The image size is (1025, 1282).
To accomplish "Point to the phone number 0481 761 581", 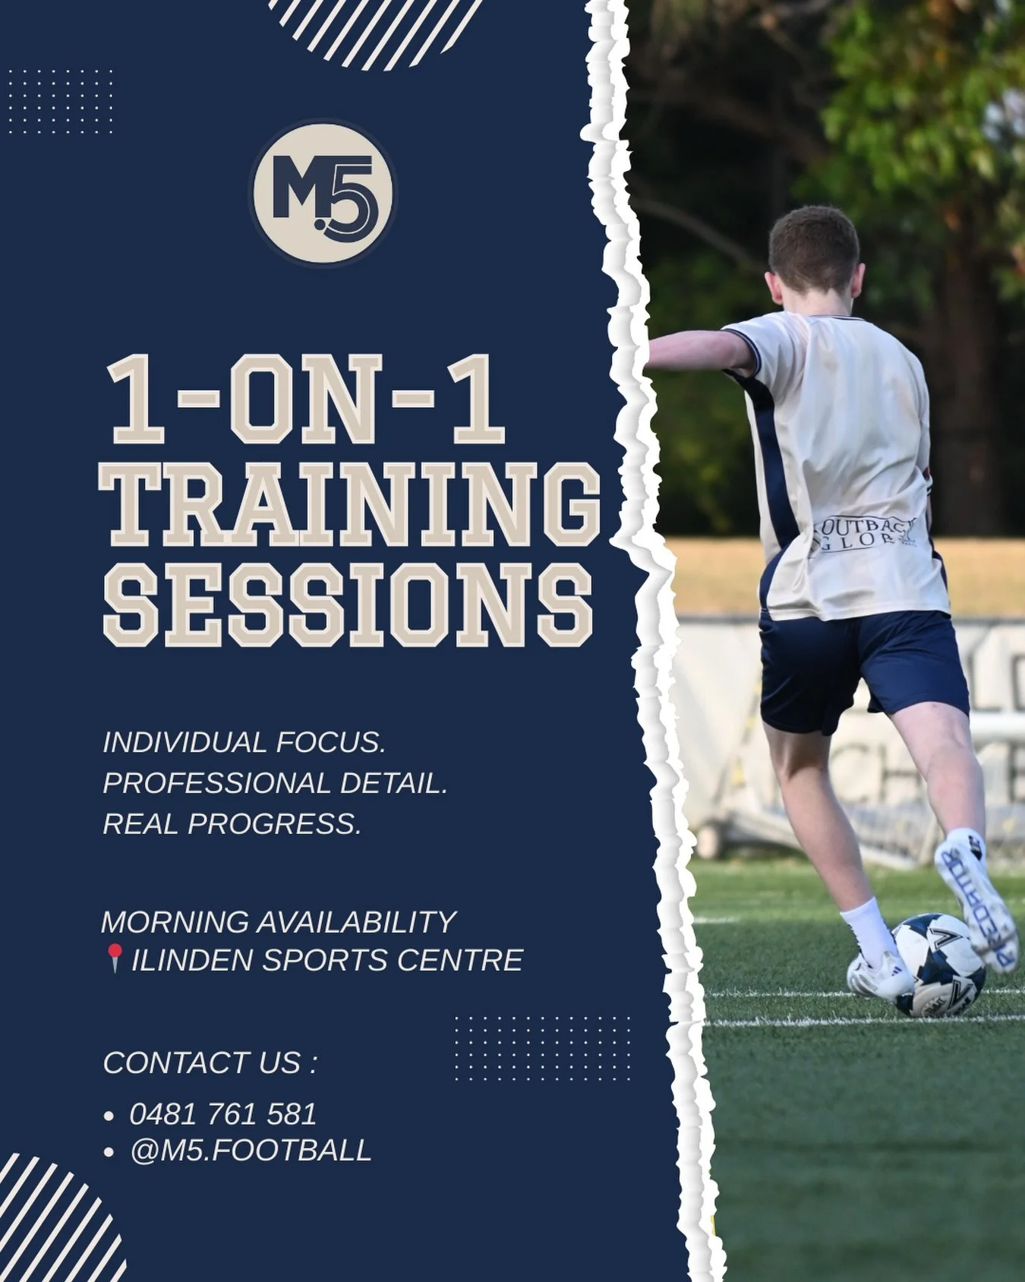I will pyautogui.click(x=222, y=1113).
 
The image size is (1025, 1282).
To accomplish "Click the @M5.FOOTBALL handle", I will pyautogui.click(x=251, y=1150).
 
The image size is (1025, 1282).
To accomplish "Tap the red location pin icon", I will pyautogui.click(x=115, y=958).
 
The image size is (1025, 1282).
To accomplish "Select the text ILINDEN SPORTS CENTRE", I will pyautogui.click(x=327, y=960).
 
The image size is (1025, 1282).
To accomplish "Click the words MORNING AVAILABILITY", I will pyautogui.click(x=279, y=921).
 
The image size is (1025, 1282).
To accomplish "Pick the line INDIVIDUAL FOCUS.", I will pyautogui.click(x=244, y=742).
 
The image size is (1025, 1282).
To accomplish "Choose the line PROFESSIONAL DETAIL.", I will pyautogui.click(x=275, y=783).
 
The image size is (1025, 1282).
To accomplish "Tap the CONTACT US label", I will pyautogui.click(x=210, y=1063).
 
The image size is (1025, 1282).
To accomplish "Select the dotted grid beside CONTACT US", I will pyautogui.click(x=542, y=1047).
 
